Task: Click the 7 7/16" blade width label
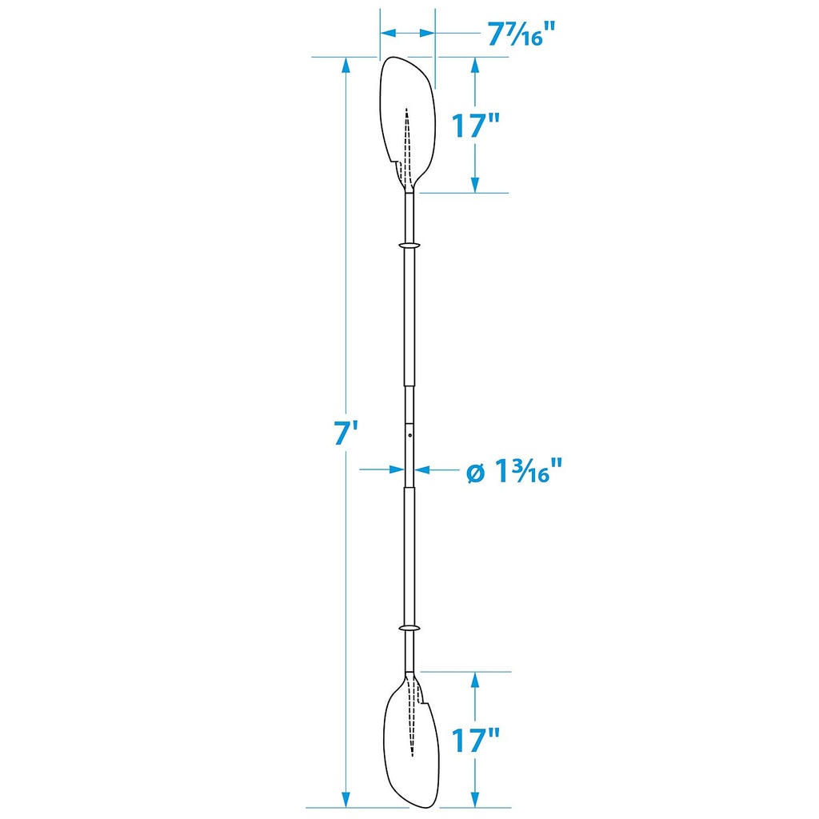(x=520, y=34)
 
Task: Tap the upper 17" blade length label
(x=475, y=126)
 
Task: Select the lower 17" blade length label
(x=475, y=740)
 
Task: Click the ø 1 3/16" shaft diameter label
(x=514, y=470)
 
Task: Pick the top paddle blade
(x=408, y=124)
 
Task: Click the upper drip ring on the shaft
(x=409, y=245)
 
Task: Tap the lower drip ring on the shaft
(x=409, y=627)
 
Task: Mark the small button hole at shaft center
(x=410, y=435)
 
